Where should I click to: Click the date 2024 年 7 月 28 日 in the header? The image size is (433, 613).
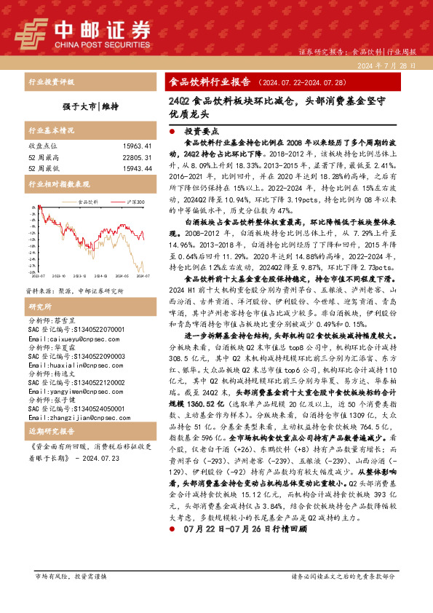pos(387,66)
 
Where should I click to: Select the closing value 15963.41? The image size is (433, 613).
pos(136,146)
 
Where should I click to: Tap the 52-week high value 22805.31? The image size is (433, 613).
pos(136,157)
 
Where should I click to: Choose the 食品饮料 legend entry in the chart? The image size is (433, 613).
pos(87,202)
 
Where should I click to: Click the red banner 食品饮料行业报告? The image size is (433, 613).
pos(209,82)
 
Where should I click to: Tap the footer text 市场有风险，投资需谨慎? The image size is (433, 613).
pos(70,596)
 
